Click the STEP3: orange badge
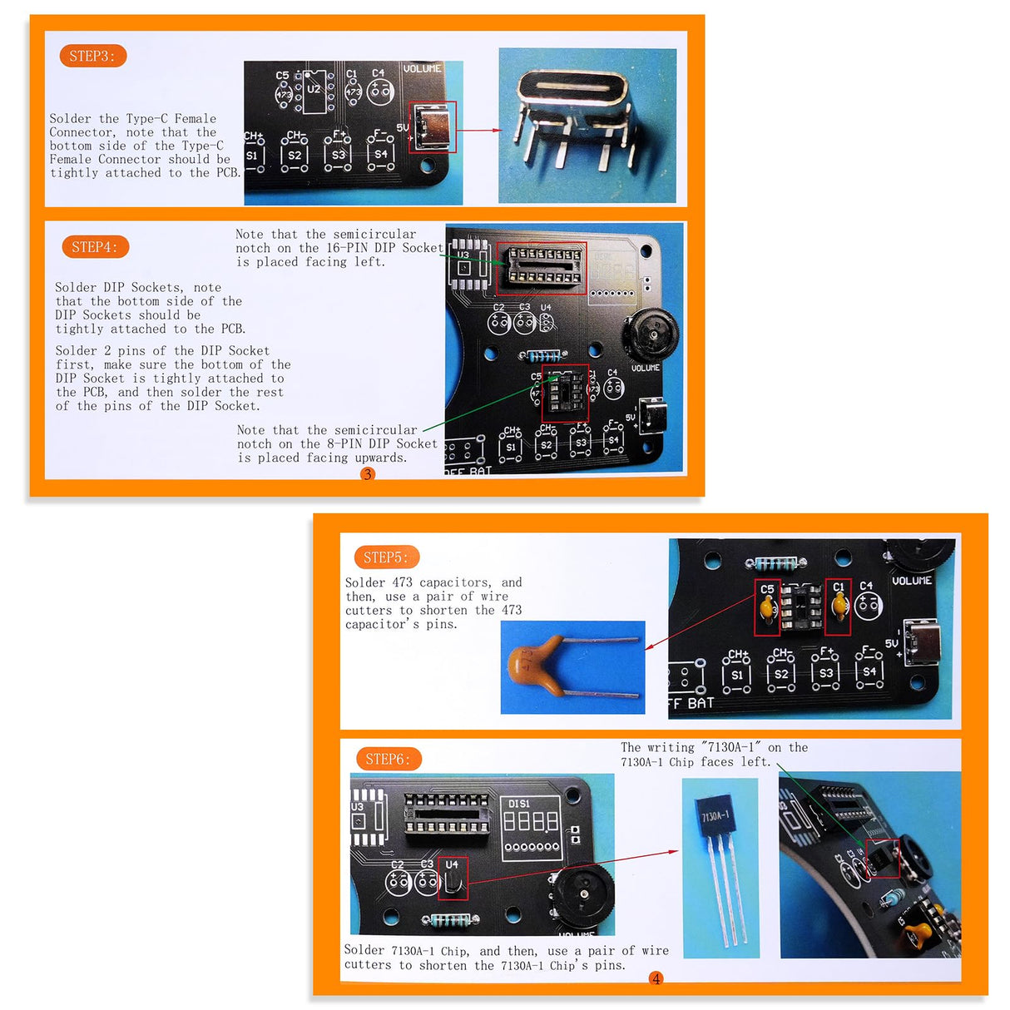pyautogui.click(x=92, y=56)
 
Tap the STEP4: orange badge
pyautogui.click(x=95, y=247)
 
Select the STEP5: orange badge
pyautogui.click(x=386, y=557)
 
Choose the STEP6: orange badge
pyautogui.click(x=388, y=759)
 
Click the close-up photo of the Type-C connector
pyautogui.click(x=587, y=125)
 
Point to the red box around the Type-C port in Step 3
pyautogui.click(x=433, y=127)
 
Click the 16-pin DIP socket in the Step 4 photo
pyautogui.click(x=541, y=268)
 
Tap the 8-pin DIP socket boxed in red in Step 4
pyautogui.click(x=565, y=393)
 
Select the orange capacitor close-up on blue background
pyautogui.click(x=572, y=667)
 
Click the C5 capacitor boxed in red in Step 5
pyautogui.click(x=767, y=607)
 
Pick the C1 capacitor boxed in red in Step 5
pyautogui.click(x=838, y=607)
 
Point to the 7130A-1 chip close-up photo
pyautogui.click(x=720, y=868)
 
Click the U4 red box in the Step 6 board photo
pyautogui.click(x=453, y=879)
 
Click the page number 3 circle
pyautogui.click(x=368, y=474)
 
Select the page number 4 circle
pyautogui.click(x=656, y=979)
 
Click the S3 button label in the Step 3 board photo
pyautogui.click(x=338, y=155)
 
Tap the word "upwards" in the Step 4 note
pyautogui.click(x=380, y=458)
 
